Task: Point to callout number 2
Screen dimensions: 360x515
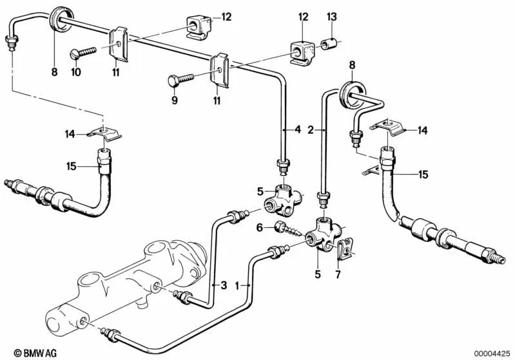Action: pos(311,129)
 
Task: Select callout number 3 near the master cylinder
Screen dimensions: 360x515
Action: pos(224,284)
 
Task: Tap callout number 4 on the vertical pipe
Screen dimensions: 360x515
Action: pos(297,129)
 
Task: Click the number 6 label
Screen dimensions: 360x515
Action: pos(260,227)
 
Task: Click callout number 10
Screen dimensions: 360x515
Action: pos(75,72)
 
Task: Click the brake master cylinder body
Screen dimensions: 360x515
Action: pos(129,276)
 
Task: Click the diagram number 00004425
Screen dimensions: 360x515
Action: pos(492,352)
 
